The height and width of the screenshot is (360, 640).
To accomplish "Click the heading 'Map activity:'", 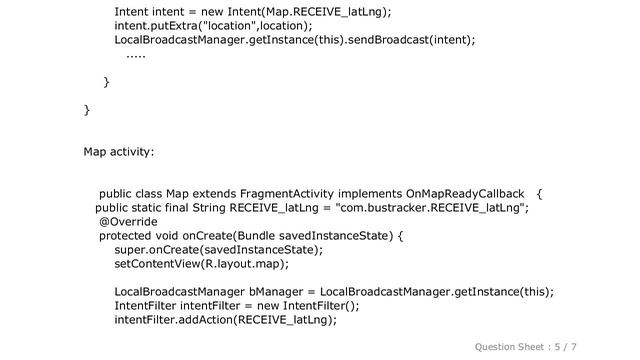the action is click(119, 152).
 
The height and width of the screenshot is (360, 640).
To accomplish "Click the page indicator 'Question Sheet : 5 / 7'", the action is click(540, 345).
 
